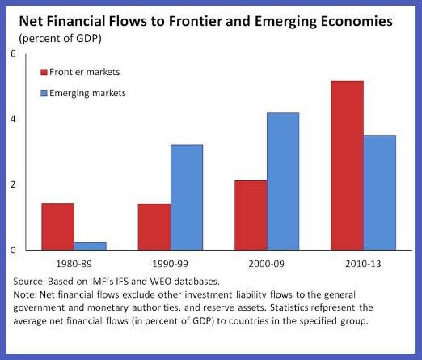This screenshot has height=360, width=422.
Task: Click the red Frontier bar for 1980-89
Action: [x=58, y=227]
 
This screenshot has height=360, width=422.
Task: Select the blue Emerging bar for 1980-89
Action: [x=91, y=246]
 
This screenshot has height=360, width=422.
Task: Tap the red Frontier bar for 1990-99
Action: [x=154, y=227]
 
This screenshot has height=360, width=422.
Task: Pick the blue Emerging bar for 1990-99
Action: [x=187, y=197]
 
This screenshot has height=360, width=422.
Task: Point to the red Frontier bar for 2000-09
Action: [x=251, y=215]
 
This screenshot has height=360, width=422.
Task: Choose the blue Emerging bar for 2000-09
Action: [x=283, y=181]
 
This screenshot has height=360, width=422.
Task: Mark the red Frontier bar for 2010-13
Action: [x=348, y=166]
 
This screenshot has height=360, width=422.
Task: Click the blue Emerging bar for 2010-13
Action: [x=380, y=193]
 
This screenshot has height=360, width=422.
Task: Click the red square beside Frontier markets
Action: [x=44, y=72]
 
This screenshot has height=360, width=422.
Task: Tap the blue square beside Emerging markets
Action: [x=44, y=93]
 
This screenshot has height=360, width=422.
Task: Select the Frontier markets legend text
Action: [x=85, y=72]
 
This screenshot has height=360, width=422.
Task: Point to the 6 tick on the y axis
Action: [x=13, y=54]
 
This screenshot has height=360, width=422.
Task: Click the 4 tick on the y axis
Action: [x=13, y=119]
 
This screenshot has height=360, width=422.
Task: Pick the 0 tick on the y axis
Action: [x=13, y=250]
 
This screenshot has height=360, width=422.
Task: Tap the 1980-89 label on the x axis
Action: [x=74, y=264]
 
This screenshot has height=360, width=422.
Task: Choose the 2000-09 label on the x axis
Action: [x=266, y=264]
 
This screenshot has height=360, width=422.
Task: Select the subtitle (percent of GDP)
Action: [x=60, y=39]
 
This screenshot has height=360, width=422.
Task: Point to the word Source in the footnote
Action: [x=29, y=282]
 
